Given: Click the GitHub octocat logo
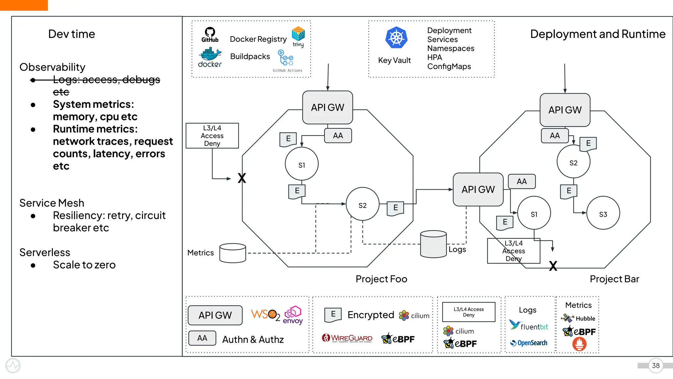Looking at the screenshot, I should click(x=210, y=32).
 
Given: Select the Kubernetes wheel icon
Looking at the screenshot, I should click(x=396, y=38).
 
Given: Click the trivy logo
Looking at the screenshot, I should click(x=298, y=34).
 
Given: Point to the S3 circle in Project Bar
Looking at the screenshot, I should click(x=603, y=213).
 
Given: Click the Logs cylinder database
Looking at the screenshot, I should click(x=433, y=244).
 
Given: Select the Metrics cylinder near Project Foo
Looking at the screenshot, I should click(x=233, y=253).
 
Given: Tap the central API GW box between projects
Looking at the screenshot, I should click(x=478, y=189).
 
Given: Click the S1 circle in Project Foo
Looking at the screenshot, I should click(x=302, y=164).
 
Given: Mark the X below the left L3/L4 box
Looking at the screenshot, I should click(x=242, y=178).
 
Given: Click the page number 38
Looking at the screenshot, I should click(x=656, y=366).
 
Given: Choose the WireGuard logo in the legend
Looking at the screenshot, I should click(x=347, y=338).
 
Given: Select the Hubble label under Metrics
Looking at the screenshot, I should click(x=585, y=318).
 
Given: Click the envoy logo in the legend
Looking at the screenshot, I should click(x=293, y=315).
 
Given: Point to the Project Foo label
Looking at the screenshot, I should click(x=381, y=279).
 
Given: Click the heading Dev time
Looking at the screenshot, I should click(x=71, y=34).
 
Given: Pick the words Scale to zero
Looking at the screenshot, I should click(x=84, y=265).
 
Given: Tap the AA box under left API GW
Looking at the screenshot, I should click(x=338, y=136).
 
